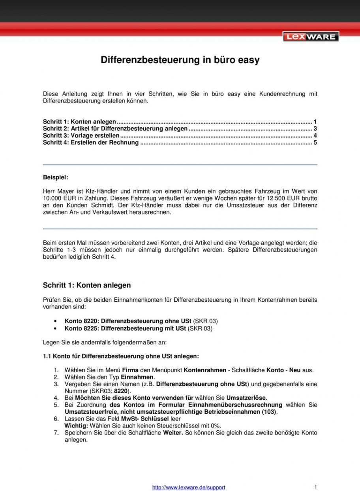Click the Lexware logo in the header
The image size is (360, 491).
click(x=311, y=37)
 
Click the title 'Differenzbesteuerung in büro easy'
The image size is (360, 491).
click(x=180, y=60)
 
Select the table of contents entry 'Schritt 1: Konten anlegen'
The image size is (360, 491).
click(x=79, y=122)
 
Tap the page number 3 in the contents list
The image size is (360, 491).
click(x=315, y=129)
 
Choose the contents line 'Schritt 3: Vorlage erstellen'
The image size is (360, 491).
click(x=81, y=136)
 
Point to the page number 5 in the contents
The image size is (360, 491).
click(x=315, y=142)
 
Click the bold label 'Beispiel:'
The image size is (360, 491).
click(x=55, y=177)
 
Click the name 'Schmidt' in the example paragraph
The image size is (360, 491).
click(x=92, y=205)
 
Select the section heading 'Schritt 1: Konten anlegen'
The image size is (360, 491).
click(x=86, y=285)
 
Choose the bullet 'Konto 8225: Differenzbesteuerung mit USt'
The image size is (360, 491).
click(x=125, y=328)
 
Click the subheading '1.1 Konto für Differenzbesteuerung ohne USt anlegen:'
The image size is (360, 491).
click(x=121, y=356)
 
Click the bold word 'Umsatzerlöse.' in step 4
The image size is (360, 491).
click(x=246, y=398)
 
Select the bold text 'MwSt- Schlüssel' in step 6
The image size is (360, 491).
click(x=145, y=419)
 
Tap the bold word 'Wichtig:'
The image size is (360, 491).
click(x=76, y=426)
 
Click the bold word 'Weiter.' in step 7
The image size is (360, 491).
click(x=173, y=433)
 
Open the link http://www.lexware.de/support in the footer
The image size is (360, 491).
click(x=189, y=487)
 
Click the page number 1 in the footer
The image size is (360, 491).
click(x=316, y=487)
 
